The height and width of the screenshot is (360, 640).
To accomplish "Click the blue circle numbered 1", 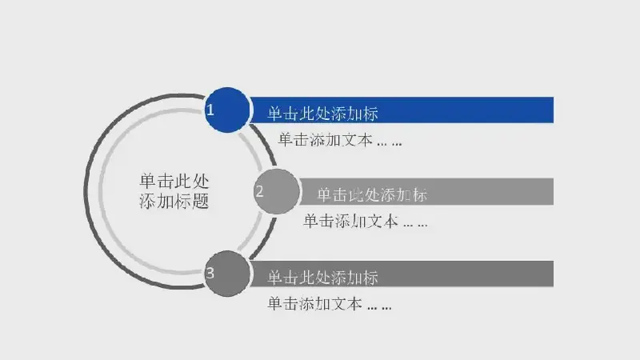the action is click(227, 110).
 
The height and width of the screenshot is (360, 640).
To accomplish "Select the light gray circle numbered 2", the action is click(277, 191).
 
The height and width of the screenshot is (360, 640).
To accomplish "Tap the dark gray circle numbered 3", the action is click(227, 274).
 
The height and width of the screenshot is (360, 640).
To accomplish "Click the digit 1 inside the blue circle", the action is click(210, 110).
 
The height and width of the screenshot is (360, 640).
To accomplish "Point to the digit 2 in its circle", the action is click(259, 191).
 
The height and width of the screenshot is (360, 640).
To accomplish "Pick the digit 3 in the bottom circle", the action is click(210, 273).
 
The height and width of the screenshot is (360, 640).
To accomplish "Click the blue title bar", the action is click(402, 110).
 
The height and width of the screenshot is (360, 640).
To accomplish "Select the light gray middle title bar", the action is click(426, 191).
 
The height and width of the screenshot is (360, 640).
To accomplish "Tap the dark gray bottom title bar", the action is click(402, 274).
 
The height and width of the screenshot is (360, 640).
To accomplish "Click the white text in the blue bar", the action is click(323, 114).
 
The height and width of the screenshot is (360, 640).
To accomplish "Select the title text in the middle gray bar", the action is click(372, 195).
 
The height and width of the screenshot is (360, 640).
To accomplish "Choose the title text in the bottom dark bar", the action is click(323, 278).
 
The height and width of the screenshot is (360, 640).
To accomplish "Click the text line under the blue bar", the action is click(340, 139).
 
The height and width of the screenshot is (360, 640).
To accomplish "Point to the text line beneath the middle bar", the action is click(366, 222).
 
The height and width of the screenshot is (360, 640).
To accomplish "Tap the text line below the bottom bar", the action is click(330, 304).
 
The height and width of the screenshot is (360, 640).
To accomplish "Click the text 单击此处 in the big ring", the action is click(174, 181).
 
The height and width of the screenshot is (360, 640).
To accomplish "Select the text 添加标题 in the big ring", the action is click(174, 201).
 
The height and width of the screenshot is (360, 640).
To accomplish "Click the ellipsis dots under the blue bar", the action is click(390, 144).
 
